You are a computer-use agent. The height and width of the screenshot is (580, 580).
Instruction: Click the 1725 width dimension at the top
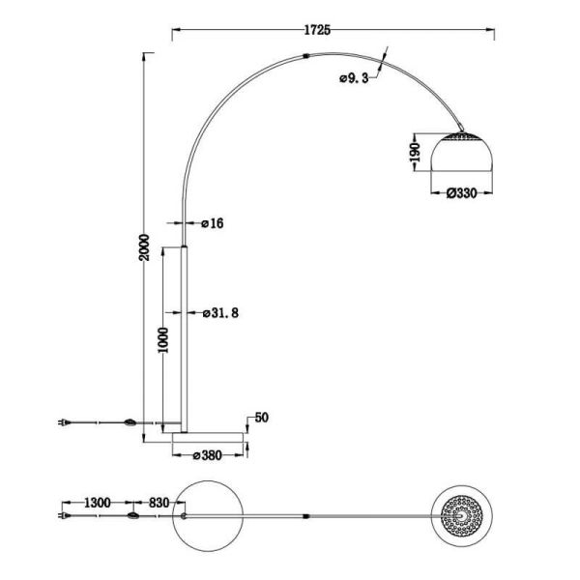point(318,30)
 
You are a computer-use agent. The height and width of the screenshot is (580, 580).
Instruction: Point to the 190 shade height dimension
point(413,152)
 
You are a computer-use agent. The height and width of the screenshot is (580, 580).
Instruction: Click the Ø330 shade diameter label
point(462,193)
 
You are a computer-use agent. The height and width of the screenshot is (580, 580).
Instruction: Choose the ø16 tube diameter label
point(213,223)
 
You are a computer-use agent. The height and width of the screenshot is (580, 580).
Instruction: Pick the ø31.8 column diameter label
point(218,312)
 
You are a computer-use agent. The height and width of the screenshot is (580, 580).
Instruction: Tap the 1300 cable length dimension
point(98,503)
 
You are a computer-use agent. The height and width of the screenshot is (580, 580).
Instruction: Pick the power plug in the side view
point(65,422)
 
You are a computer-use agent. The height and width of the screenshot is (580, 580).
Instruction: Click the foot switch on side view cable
point(129,422)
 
